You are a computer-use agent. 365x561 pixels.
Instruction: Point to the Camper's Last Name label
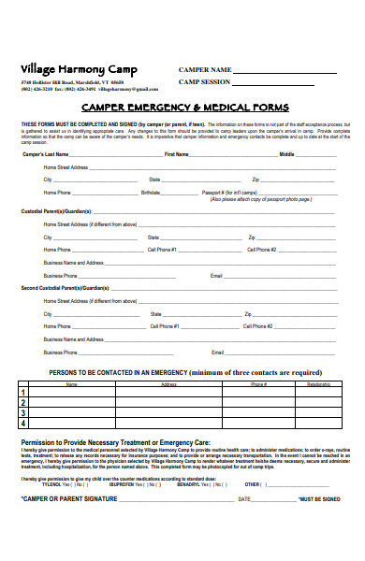[45, 153]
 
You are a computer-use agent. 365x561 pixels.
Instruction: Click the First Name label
[177, 153]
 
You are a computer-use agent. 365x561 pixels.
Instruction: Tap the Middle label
[286, 153]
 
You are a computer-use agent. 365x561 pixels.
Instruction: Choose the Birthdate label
[150, 192]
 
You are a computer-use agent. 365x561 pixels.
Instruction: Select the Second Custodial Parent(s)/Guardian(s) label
[59, 289]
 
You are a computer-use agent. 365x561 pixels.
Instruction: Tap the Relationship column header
[318, 384]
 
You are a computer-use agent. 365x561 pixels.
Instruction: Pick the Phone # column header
[258, 384]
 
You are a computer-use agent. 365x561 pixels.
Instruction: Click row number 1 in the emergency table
[23, 393]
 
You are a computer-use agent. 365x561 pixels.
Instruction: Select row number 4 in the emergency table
[23, 423]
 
